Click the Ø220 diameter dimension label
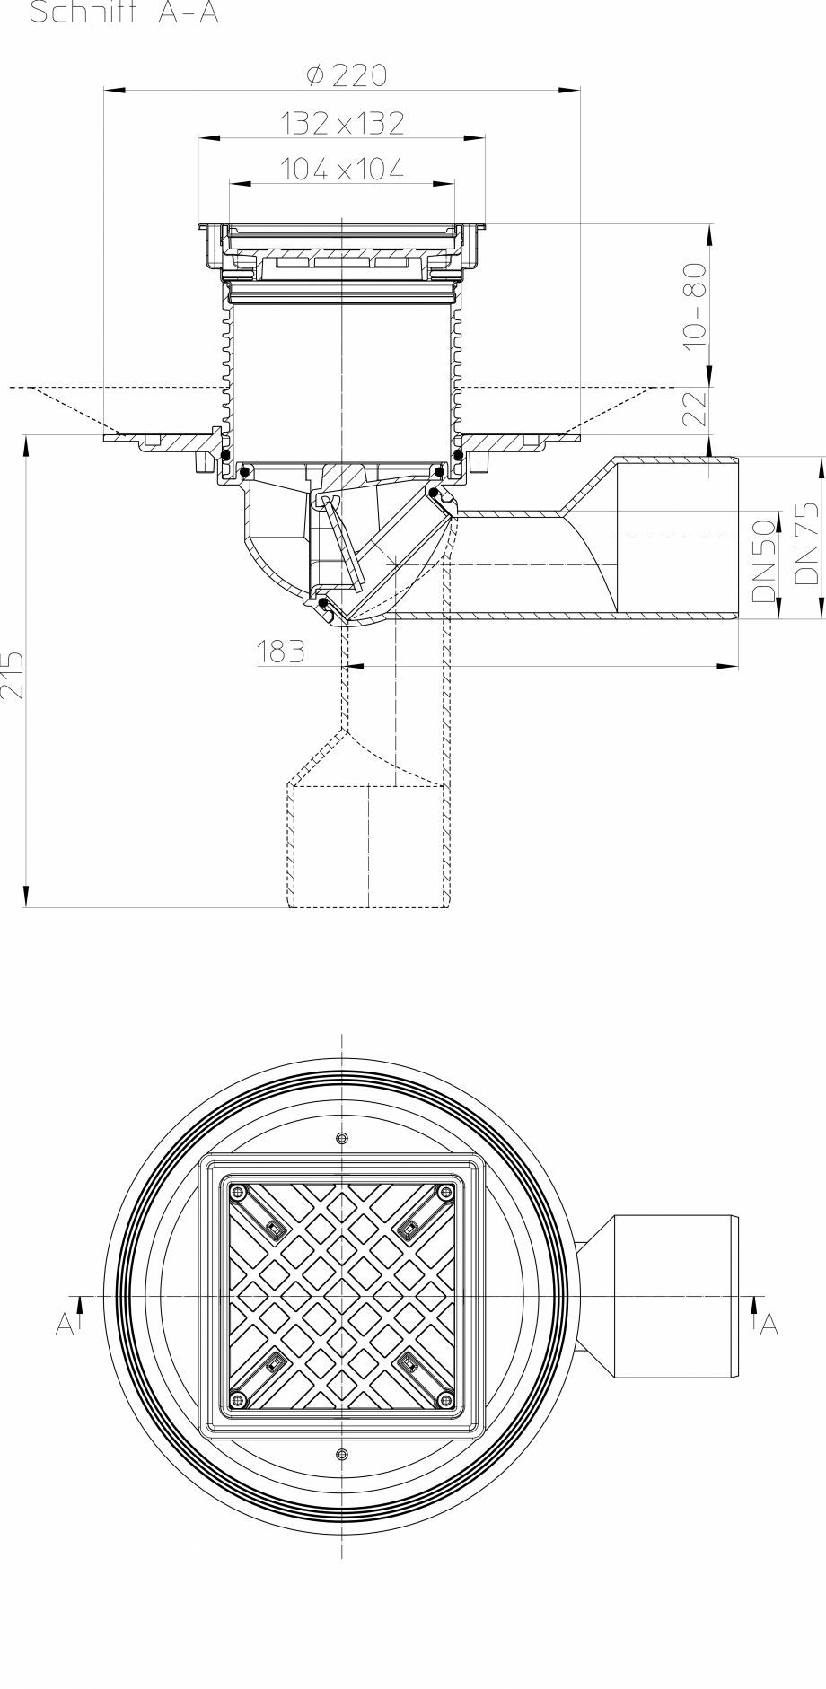pos(346,76)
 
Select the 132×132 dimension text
pos(342,124)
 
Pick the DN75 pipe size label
pos(806,544)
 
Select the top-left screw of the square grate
pos(239,1192)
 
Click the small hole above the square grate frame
pos(341,1139)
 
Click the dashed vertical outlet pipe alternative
pos(368,844)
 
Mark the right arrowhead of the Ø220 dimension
pos(571,91)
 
